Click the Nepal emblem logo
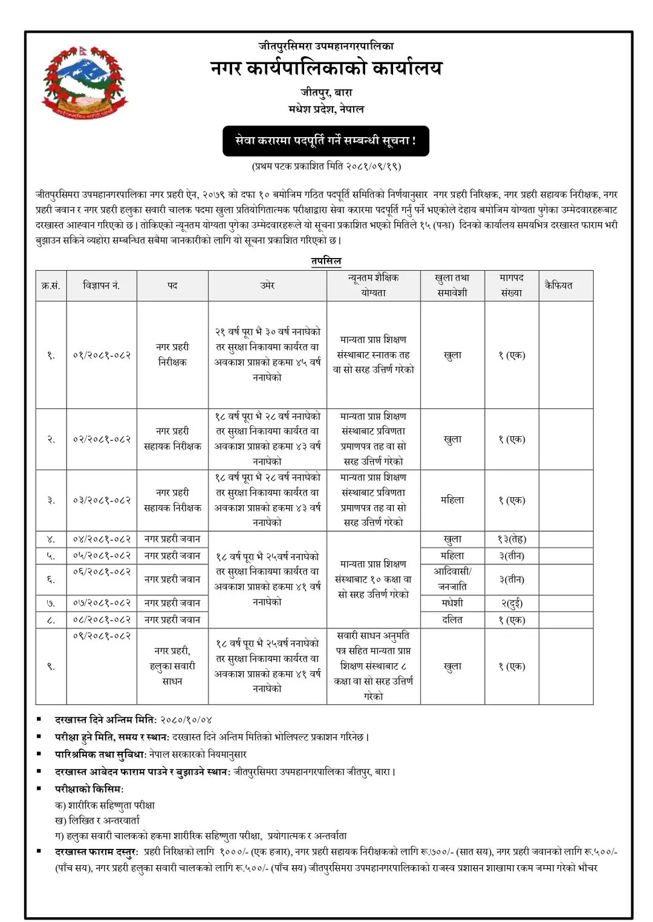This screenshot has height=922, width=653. point(84,82)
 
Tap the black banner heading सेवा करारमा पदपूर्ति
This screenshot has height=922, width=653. point(325,141)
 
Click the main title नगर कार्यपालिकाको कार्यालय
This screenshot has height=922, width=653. point(326,68)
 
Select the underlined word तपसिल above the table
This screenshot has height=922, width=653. point(326,261)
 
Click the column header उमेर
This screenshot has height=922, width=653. point(267,285)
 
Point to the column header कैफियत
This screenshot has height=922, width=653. point(558,285)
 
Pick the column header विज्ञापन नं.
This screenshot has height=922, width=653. point(101,285)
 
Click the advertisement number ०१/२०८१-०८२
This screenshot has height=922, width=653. point(101,355)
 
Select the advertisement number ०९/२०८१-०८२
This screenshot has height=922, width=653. point(101,636)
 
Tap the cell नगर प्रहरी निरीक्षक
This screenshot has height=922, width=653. point(172,355)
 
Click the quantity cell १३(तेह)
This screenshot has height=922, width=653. point(512,539)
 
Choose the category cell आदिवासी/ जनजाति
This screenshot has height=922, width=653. point(452,579)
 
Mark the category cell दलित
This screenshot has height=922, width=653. point(452,620)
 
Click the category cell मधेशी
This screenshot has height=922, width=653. point(452,603)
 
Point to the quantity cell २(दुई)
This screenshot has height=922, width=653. point(512,603)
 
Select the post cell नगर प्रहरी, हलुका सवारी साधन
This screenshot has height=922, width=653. point(172,666)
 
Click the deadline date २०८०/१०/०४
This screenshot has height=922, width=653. point(186,720)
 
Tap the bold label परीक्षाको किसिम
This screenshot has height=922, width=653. point(89,789)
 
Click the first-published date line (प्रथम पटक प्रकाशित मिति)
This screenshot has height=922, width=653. point(326,166)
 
